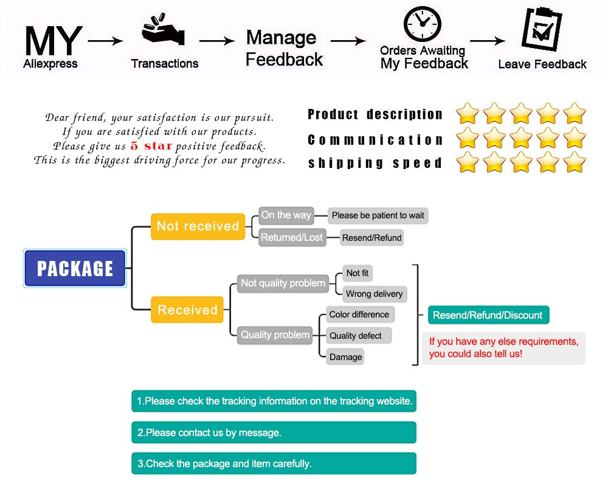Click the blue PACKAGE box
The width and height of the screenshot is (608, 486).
[x=75, y=268]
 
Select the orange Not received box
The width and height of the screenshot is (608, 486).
[x=198, y=226]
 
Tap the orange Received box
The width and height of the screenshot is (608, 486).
[x=187, y=310]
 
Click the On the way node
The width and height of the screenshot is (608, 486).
[x=286, y=215]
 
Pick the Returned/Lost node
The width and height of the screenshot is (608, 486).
[x=292, y=237]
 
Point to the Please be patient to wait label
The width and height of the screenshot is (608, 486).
[x=378, y=215]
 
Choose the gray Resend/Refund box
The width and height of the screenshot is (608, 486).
[x=371, y=238]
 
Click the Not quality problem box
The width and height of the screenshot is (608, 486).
[x=283, y=283]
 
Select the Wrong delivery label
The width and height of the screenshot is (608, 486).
[x=374, y=294]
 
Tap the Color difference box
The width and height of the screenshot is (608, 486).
[x=359, y=314]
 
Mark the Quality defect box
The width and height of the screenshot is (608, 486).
[x=356, y=336]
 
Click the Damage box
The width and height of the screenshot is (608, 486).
[x=345, y=357]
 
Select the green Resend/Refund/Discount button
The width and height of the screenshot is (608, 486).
[x=488, y=315]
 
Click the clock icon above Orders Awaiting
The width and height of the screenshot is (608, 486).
[x=422, y=24]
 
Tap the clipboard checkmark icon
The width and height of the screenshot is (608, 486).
[x=542, y=29]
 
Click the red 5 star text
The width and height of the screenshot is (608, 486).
[x=151, y=146]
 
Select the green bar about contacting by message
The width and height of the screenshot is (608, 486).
[x=274, y=432]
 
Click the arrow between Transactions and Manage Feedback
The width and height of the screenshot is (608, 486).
[x=217, y=41]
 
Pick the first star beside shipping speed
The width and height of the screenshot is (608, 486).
[x=468, y=162]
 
